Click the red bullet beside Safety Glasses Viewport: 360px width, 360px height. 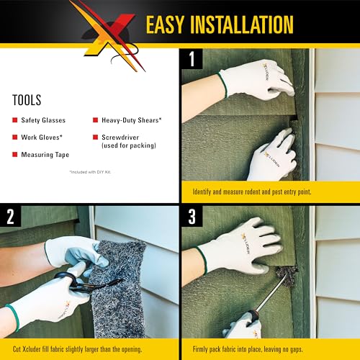[x=16, y=120]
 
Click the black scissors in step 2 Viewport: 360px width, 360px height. [x=73, y=284]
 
